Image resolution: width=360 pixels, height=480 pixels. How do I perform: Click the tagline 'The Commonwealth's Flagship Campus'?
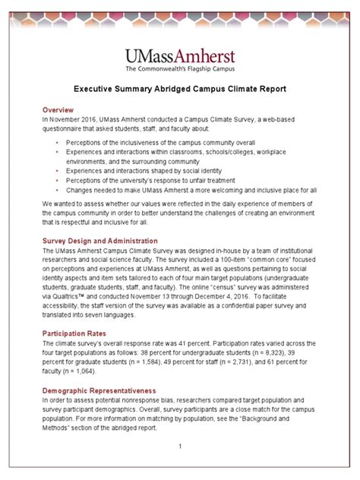tap(179, 69)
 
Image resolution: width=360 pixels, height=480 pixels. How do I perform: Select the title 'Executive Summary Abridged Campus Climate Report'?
tap(179, 89)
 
